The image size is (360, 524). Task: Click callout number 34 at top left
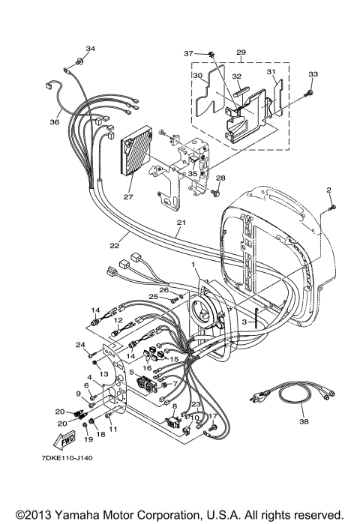(91, 49)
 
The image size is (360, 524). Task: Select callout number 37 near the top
(189, 53)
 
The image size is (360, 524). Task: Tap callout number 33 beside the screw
(313, 74)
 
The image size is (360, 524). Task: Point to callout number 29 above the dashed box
(241, 52)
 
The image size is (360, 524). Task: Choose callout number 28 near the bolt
(220, 178)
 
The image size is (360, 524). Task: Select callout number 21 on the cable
(180, 223)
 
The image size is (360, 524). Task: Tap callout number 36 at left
(55, 122)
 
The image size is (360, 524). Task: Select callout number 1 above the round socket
(193, 265)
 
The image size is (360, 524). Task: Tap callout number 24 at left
(81, 345)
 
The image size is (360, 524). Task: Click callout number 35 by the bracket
(193, 173)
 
